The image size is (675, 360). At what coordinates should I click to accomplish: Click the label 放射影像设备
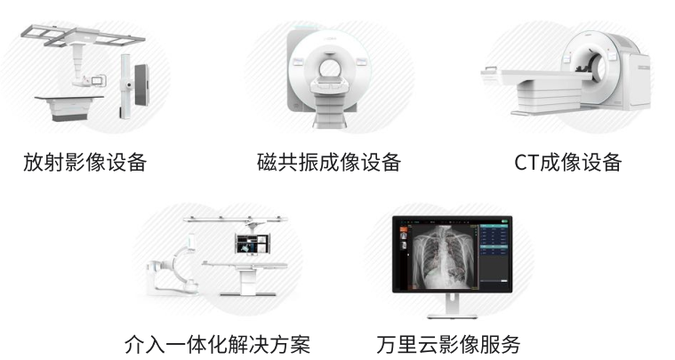84,162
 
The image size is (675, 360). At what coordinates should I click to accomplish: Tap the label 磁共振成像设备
329,162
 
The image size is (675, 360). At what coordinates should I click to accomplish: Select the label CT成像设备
567,162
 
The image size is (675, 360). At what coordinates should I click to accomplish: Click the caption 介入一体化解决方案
217,344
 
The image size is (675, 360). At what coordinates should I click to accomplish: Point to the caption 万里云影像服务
448,344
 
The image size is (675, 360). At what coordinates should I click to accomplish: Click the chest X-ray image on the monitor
443,256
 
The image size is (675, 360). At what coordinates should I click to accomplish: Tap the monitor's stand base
452,316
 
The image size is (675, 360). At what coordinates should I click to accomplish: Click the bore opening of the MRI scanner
329,67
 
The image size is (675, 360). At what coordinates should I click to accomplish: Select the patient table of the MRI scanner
329,101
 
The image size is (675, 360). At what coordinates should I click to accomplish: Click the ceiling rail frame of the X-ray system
82,36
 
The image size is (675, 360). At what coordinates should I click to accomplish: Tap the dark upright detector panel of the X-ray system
141,85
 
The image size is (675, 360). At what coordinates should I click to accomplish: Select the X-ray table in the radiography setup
68,108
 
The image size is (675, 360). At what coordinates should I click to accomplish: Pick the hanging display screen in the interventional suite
252,244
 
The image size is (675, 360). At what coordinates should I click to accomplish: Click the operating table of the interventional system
245,276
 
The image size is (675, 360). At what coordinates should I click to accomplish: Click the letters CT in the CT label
526,163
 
